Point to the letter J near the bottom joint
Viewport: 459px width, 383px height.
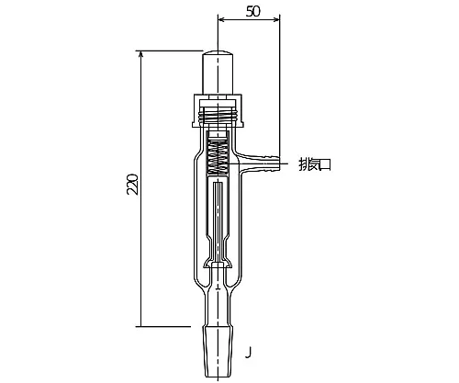tap(249, 351)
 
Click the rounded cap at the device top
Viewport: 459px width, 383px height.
tap(218, 69)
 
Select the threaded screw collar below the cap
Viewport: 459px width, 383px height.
tap(218, 115)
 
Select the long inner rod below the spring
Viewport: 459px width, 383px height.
tap(218, 211)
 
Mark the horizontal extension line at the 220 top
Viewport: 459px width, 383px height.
tap(170, 50)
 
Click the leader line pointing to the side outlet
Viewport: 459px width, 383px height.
tap(286, 165)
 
